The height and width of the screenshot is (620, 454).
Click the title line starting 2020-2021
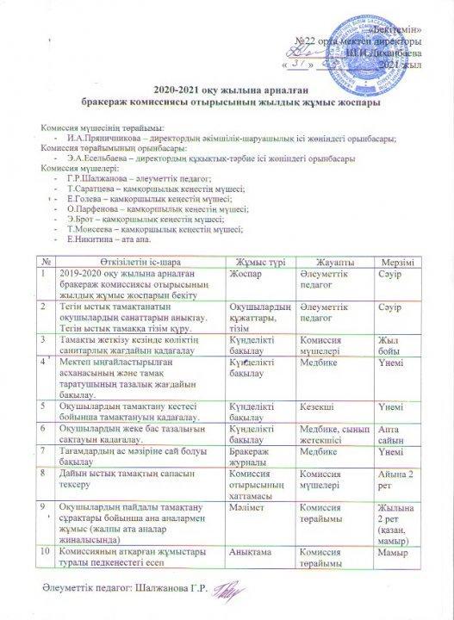(226, 90)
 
